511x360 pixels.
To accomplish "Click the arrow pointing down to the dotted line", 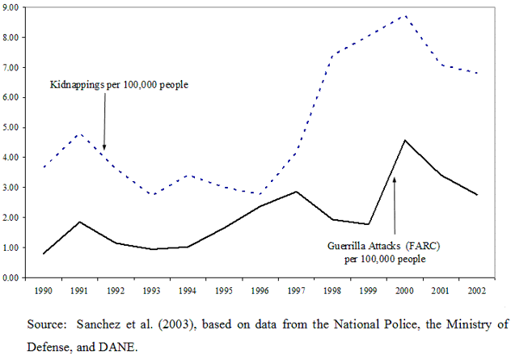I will [104, 121].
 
